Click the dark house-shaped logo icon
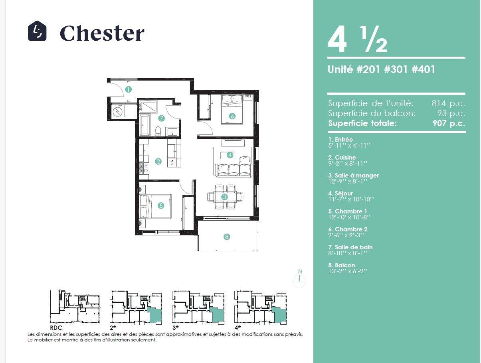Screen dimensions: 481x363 (x=37, y=31)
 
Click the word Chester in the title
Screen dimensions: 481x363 (x=102, y=33)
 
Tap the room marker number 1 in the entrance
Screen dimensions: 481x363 (x=129, y=89)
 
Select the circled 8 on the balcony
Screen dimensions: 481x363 (x=227, y=237)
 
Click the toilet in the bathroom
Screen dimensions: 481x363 (x=158, y=131)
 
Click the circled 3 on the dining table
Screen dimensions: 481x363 (x=224, y=197)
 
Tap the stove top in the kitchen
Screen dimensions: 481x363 (x=144, y=169)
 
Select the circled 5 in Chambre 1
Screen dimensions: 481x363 (x=161, y=205)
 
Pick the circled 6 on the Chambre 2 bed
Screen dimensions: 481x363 (x=232, y=116)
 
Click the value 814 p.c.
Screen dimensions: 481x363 (x=448, y=103)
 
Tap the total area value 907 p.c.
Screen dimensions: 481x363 (x=449, y=123)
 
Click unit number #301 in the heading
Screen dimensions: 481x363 (x=396, y=69)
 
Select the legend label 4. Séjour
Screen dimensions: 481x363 (x=340, y=193)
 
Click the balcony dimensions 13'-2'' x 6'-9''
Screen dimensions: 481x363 (x=348, y=271)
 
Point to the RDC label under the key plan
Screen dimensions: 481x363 (x=56, y=327)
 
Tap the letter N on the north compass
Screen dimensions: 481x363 (x=300, y=272)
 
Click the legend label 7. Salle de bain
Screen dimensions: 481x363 (x=350, y=247)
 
